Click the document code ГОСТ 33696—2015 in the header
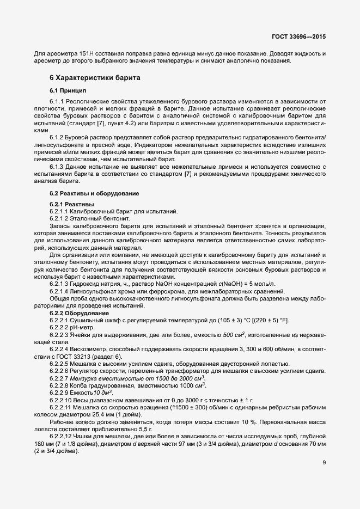click(299, 37)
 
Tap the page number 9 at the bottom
click(324, 463)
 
